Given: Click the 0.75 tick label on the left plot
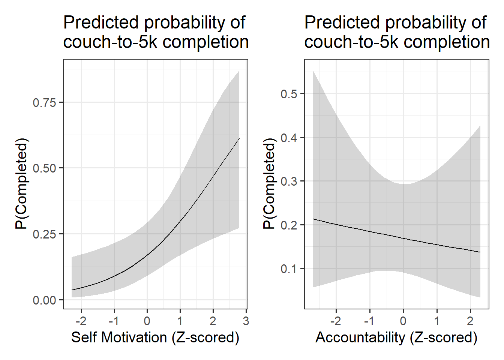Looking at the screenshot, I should coord(44,103).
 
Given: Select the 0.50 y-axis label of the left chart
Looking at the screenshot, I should coord(44,168).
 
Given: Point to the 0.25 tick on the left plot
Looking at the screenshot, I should coord(44,234).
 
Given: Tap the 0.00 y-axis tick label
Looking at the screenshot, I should coord(44,300).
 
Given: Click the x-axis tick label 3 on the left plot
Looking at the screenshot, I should coord(246,321).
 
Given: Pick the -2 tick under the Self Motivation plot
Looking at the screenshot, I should coord(81,321).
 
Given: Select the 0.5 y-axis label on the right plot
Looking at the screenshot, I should coord(289,94).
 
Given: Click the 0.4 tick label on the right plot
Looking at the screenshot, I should coord(289,138).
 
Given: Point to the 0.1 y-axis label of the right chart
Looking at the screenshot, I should coord(289,269).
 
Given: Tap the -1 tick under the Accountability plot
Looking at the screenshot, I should coord(369,321).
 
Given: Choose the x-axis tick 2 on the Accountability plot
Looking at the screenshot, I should coord(470,321).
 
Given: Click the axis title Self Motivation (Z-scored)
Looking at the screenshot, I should coord(155,337).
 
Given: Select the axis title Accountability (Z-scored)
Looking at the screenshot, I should coord(396,337).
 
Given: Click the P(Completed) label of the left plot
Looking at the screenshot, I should coord(21,184).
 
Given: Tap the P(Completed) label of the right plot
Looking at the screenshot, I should coord(269,184).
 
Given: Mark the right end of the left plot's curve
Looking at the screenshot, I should coord(239,139).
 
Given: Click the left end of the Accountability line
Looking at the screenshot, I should coord(313,219).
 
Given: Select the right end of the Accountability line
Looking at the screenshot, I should coord(480,252).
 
